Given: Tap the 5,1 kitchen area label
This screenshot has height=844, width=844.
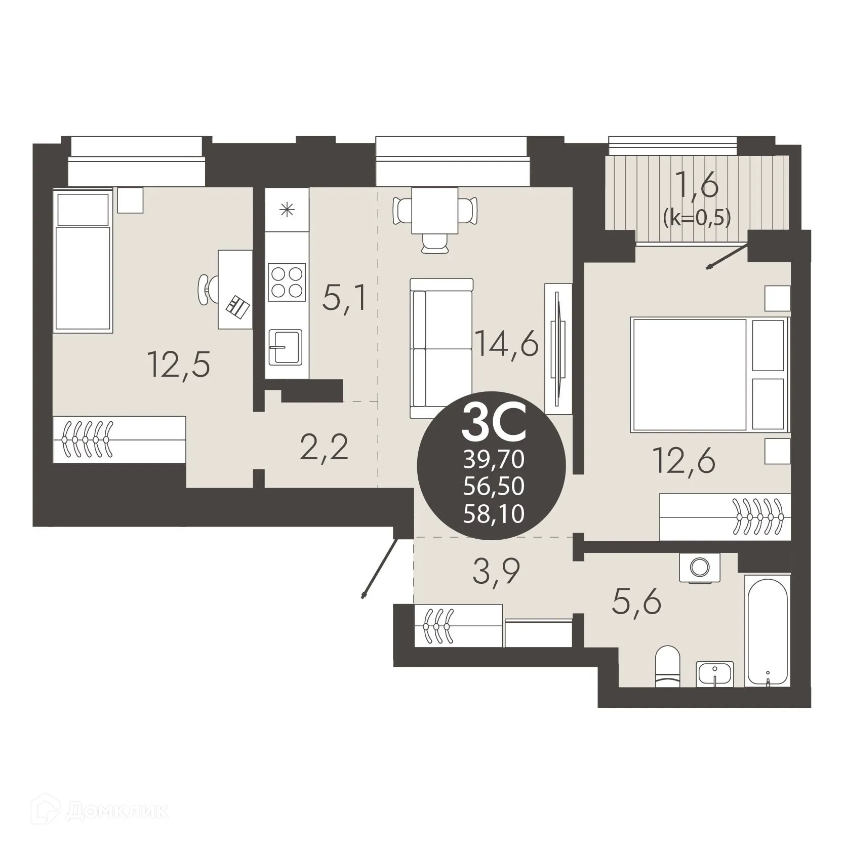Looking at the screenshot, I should point(344,299).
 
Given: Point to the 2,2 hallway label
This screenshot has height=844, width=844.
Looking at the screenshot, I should point(324,448).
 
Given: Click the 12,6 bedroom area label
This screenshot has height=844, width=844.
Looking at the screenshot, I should point(685,461).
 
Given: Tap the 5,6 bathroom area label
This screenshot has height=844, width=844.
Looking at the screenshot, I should point(636,601).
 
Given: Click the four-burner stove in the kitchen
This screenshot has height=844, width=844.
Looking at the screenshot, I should point(287,282).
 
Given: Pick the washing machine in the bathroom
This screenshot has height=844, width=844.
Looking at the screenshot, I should point(699,567).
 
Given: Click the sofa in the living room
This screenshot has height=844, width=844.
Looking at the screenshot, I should point(441,348).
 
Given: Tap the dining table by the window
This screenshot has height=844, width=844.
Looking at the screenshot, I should point(435,211).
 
